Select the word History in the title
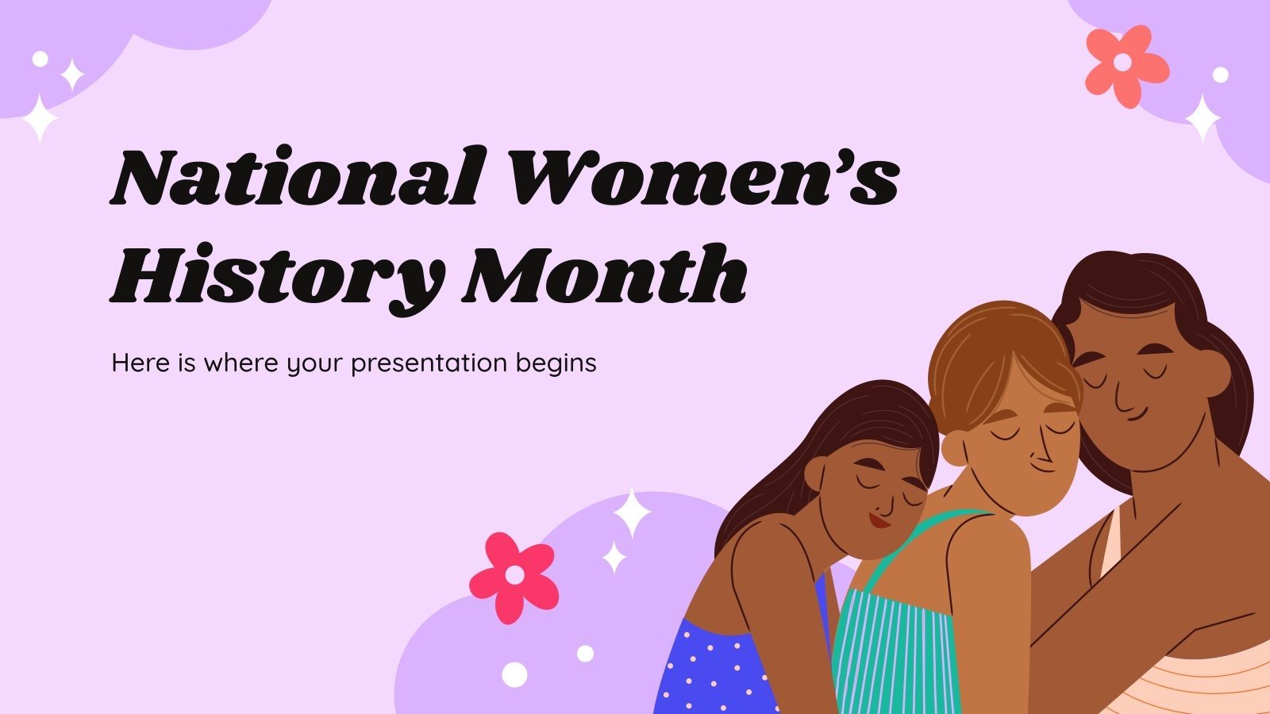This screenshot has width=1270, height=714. (x=274, y=274)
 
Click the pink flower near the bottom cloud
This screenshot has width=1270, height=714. (x=514, y=576)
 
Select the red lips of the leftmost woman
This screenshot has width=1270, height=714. (x=878, y=520)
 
